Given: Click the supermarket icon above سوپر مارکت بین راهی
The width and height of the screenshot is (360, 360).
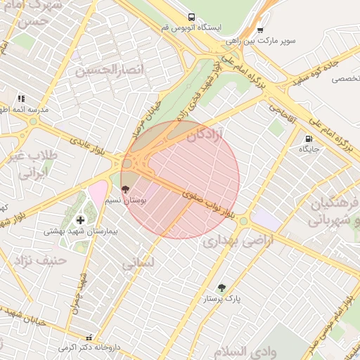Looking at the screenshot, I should (x=260, y=30).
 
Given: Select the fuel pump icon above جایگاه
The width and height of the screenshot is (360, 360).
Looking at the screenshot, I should (x=309, y=139).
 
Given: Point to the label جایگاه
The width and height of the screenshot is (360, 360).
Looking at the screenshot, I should (x=309, y=149).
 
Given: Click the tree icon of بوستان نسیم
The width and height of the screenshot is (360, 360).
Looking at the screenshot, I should (x=126, y=190).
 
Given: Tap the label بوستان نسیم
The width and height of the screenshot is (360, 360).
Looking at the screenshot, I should (x=126, y=200).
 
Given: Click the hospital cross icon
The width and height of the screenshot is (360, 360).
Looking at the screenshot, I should (x=80, y=220).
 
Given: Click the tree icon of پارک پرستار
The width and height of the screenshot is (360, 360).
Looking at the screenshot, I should (x=222, y=288).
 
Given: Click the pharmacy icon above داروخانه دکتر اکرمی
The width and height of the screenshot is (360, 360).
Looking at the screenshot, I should (x=89, y=337).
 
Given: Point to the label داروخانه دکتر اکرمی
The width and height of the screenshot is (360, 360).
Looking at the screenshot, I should (x=86, y=347).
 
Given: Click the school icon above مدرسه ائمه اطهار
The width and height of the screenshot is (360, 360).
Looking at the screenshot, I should (x=22, y=98).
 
